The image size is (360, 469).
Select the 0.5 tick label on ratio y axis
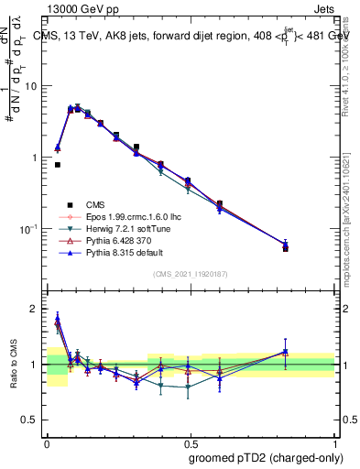pyautogui.click(x=32, y=420)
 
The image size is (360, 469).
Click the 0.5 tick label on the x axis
pyautogui.click(x=191, y=441)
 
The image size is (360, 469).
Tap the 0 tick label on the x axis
pyautogui.click(x=47, y=441)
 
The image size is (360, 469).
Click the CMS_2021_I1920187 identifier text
pyautogui.click(x=191, y=274)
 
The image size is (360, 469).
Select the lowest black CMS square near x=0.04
pyautogui.click(x=58, y=165)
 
